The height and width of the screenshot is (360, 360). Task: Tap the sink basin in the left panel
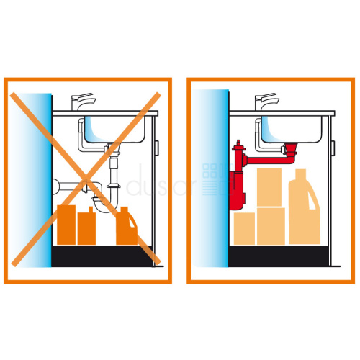click(114, 129)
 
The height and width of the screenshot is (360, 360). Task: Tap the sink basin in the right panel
click(292, 129)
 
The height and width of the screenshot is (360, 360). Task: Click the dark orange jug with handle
click(127, 226)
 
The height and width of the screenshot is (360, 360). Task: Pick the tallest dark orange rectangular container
click(66, 225)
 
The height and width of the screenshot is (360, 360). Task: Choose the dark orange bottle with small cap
click(86, 227)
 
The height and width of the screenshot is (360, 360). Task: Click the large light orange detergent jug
click(304, 207)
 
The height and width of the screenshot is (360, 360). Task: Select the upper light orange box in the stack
click(269, 187)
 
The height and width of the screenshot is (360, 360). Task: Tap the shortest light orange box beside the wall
click(244, 228)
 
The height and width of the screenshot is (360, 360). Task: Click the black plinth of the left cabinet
click(102, 256)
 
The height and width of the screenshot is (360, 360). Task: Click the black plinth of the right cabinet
click(279, 256)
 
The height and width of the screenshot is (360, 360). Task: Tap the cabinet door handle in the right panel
click(333, 148)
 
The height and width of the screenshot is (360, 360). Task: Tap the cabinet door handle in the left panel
click(156, 148)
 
